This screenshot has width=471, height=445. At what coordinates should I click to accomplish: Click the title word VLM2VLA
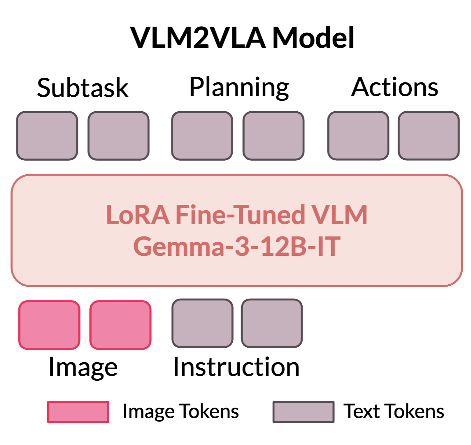198,38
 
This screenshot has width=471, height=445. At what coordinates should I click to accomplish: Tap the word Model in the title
313,38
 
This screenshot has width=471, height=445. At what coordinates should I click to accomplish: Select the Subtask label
83,88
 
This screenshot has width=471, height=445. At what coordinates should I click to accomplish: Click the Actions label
395,87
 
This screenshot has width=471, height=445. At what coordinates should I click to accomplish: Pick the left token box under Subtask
47,136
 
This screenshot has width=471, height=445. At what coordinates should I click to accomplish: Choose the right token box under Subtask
119,136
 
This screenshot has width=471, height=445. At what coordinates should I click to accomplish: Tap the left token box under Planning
202,136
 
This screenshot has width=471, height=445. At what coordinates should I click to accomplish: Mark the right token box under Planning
274,136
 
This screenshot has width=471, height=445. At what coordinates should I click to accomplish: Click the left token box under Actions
358,136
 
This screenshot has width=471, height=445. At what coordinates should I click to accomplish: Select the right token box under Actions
429,136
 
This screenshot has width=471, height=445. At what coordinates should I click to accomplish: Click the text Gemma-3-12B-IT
237,247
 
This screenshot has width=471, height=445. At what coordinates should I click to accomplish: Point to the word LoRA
138,215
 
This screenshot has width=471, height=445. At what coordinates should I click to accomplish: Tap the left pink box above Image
49,325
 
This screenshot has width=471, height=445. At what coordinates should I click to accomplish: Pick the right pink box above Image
120,325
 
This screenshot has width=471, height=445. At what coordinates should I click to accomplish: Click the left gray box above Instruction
203,323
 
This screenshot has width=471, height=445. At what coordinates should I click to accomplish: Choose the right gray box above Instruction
272,323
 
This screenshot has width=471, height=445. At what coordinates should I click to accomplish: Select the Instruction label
236,367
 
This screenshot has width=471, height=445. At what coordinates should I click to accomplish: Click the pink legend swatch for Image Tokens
78,412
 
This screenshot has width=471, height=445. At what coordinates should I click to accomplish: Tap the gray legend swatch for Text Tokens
303,412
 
